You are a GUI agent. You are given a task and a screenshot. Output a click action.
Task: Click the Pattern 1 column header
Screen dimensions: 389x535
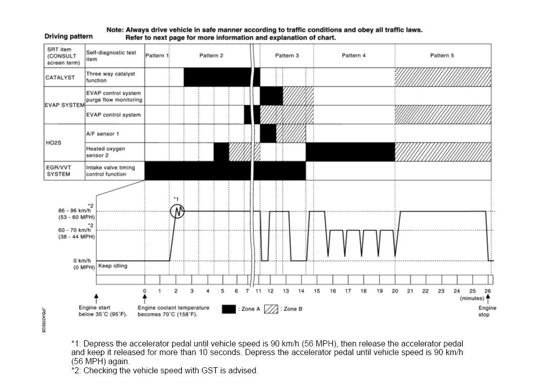click(x=157, y=55)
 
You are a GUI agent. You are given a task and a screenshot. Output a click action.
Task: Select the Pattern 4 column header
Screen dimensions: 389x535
click(x=353, y=55)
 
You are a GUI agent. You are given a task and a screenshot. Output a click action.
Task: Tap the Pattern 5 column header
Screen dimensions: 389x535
click(x=442, y=55)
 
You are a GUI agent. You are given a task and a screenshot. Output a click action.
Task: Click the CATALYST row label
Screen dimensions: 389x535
click(x=60, y=77)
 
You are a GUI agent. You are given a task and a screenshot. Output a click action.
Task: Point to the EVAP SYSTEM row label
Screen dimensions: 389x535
click(x=64, y=105)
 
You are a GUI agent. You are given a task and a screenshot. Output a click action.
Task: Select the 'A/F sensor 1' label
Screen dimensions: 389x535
click(x=102, y=134)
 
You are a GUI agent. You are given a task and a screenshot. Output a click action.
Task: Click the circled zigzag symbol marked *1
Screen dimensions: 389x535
click(x=177, y=211)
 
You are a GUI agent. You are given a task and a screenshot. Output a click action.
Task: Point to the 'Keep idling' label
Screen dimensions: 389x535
click(x=112, y=266)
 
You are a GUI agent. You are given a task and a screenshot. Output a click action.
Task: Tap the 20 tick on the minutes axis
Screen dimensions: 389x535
click(x=395, y=291)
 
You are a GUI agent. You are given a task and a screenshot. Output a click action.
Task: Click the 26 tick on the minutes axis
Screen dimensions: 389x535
click(x=487, y=291)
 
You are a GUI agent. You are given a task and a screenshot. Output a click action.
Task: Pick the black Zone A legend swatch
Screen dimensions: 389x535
click(x=230, y=309)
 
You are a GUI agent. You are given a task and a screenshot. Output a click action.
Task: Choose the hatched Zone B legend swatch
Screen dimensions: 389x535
click(x=271, y=309)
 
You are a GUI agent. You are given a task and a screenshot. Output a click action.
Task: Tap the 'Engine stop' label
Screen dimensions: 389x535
click(x=487, y=311)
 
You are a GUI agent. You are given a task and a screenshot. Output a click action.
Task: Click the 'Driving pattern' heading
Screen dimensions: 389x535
click(x=68, y=36)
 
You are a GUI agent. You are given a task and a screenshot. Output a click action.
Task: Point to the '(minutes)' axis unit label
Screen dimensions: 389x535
click(x=471, y=298)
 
